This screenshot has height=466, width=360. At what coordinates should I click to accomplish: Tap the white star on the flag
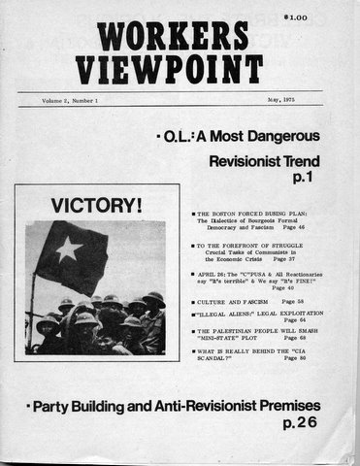pos(69,250)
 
